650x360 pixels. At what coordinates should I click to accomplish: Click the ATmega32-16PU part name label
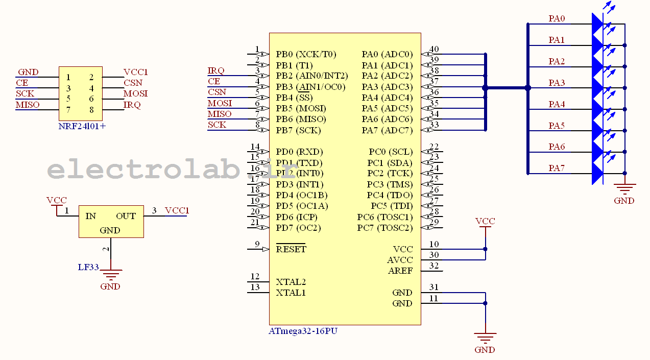pyautogui.click(x=303, y=331)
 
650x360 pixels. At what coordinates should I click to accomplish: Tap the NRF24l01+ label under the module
pyautogui.click(x=82, y=126)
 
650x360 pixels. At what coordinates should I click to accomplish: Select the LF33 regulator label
pyautogui.click(x=88, y=267)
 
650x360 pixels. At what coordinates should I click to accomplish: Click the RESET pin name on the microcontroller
pyautogui.click(x=291, y=249)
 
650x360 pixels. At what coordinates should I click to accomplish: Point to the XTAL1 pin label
pyautogui.click(x=291, y=293)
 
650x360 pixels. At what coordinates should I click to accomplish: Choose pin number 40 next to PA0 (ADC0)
pyautogui.click(x=434, y=50)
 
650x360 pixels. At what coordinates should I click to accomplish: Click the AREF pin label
pyautogui.click(x=400, y=271)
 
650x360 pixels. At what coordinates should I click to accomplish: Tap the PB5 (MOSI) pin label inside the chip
pyautogui.click(x=301, y=108)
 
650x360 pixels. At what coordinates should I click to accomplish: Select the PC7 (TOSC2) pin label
pyautogui.click(x=384, y=228)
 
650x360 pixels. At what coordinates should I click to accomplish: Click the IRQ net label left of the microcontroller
pyautogui.click(x=216, y=70)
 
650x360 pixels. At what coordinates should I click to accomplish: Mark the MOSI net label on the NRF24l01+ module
pyautogui.click(x=135, y=93)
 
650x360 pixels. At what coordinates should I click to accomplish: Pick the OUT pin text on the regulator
pyautogui.click(x=126, y=216)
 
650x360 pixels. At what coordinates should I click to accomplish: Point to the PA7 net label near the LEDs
pyautogui.click(x=557, y=168)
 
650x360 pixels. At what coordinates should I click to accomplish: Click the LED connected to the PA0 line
pyautogui.click(x=597, y=24)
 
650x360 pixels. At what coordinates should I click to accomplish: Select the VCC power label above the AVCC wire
pyautogui.click(x=485, y=222)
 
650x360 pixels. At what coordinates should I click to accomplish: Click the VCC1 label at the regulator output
pyautogui.click(x=177, y=210)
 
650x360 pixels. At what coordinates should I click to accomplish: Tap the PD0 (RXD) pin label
pyautogui.click(x=299, y=152)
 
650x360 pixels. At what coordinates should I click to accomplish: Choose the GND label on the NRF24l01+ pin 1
pyautogui.click(x=28, y=72)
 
